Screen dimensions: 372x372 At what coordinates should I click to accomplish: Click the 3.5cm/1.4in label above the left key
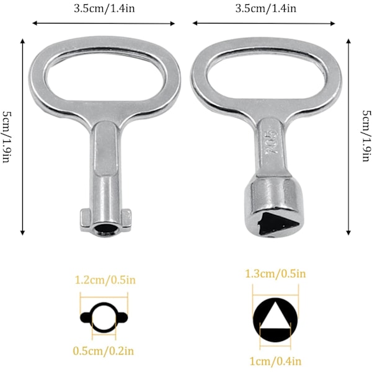[x=104, y=9]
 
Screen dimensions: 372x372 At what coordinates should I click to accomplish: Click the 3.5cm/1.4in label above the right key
[x=266, y=9]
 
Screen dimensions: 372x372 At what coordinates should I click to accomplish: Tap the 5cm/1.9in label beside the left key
[x=7, y=137]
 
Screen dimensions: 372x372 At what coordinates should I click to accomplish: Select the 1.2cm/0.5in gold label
[x=105, y=280]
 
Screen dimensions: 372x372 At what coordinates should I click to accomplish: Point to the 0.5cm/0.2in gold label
[x=103, y=351]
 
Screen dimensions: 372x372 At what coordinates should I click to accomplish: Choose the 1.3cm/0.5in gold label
[x=275, y=273]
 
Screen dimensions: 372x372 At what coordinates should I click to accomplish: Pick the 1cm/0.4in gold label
[x=275, y=361]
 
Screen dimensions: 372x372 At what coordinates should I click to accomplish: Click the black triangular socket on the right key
[x=277, y=224]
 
